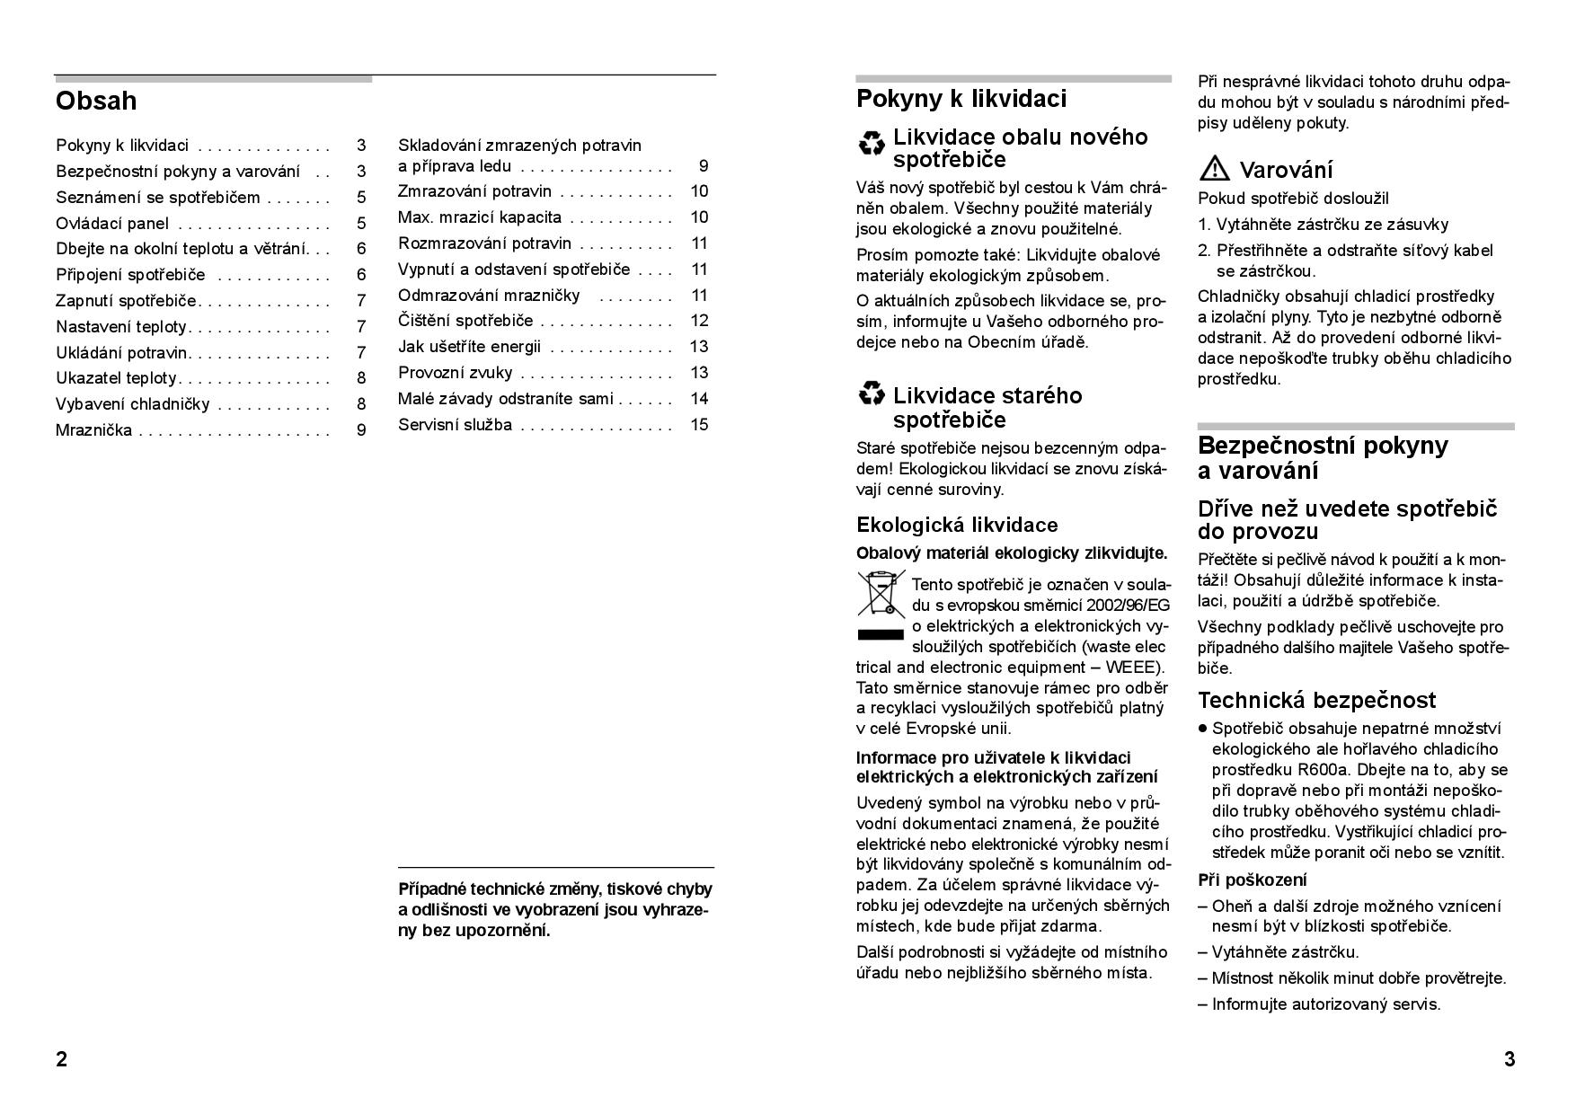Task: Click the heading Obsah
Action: point(96,101)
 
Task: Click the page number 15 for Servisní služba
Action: point(699,425)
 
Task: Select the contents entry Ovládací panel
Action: point(112,224)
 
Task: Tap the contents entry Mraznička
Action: point(93,430)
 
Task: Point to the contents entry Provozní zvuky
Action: point(455,373)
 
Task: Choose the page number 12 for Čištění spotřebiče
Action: point(699,321)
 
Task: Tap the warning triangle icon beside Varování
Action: point(1215,169)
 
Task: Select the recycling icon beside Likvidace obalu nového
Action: point(871,143)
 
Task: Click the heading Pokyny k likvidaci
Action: point(961,99)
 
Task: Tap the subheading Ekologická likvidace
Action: point(957,526)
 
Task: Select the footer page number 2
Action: point(61,1059)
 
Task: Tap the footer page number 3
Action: point(1510,1059)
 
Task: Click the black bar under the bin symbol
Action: point(881,635)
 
